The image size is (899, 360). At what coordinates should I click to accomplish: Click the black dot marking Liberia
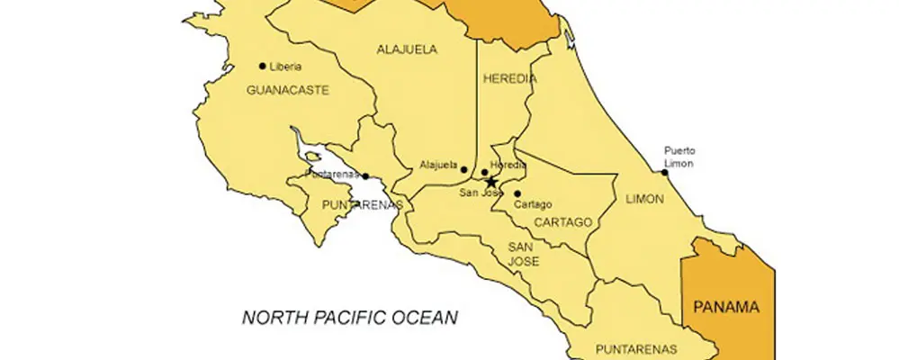click(263, 66)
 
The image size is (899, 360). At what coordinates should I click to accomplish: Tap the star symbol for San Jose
click(491, 181)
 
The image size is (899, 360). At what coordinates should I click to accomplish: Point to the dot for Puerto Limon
click(665, 173)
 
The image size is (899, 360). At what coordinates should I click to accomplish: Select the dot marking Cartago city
click(517, 193)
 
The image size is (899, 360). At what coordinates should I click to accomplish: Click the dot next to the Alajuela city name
click(464, 169)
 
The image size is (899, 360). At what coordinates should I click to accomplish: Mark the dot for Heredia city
click(484, 172)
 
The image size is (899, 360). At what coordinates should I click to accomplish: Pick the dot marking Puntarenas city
click(366, 175)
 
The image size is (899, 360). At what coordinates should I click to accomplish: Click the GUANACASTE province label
click(288, 90)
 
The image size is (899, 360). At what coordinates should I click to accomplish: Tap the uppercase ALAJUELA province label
click(407, 49)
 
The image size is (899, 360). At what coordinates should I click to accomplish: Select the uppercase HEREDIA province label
click(510, 78)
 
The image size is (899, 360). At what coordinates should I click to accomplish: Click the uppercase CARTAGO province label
click(562, 222)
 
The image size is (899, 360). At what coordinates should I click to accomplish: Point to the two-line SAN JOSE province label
click(523, 254)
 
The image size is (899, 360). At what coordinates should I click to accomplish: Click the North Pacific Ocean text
click(351, 317)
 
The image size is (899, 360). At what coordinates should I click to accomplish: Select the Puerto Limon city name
click(679, 157)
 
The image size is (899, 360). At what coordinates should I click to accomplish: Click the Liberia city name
click(285, 67)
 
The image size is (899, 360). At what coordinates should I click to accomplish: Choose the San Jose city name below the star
click(480, 193)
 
